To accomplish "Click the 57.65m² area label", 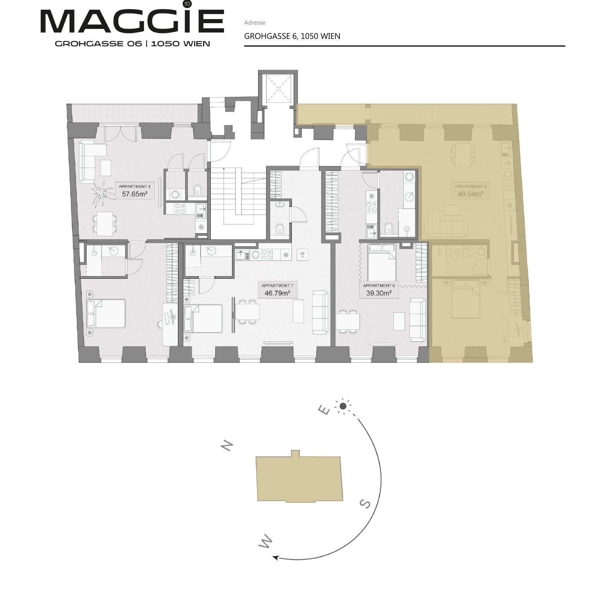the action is [x=135, y=194].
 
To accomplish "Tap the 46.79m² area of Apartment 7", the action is [x=277, y=293].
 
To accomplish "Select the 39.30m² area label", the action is [x=379, y=293].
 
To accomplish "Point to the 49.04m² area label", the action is [x=470, y=194].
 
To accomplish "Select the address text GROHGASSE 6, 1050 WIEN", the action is [x=292, y=36].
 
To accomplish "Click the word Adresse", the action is [x=255, y=22].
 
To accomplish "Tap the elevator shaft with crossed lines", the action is [x=278, y=89].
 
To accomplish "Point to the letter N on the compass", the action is [x=227, y=445].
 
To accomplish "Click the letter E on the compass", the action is [x=324, y=410].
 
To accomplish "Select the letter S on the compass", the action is [x=365, y=504].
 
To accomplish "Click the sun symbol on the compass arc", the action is [x=343, y=406].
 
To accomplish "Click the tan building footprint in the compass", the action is [x=299, y=478].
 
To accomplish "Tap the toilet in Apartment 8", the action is [x=197, y=190].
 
